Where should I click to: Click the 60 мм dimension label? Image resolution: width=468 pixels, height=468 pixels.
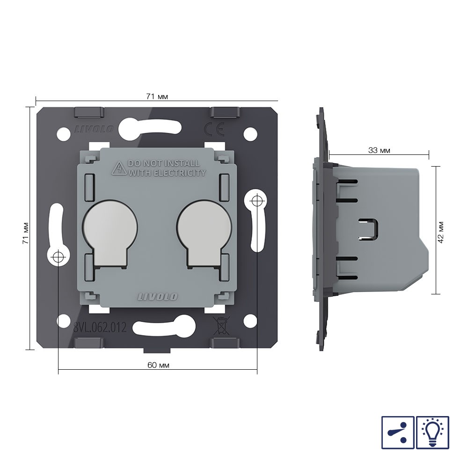158,365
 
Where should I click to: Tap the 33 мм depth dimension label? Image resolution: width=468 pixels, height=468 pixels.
379,150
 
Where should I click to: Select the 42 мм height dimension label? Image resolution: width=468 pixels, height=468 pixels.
441,233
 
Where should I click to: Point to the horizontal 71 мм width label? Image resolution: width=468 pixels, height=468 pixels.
157,96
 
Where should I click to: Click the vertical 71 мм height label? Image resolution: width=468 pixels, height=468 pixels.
26,233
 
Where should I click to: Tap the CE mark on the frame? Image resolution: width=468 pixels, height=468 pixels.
214,129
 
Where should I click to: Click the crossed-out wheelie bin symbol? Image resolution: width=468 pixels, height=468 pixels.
221,325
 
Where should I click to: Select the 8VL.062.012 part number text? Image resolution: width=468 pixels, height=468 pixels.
100,328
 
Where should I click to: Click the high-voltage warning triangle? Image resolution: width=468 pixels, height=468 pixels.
119,168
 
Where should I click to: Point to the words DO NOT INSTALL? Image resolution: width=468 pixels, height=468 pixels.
163,163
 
